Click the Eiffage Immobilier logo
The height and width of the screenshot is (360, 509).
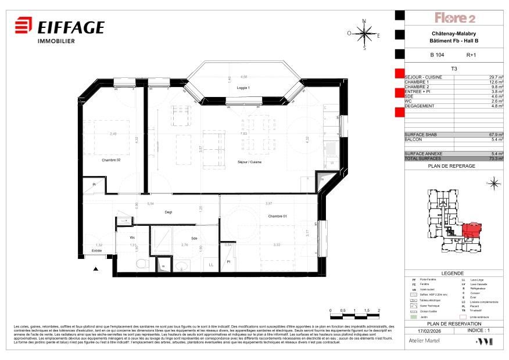[59, 30]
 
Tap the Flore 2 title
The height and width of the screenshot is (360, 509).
[455, 18]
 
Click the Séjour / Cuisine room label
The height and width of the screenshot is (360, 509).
[249, 162]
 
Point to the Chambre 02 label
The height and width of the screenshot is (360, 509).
[111, 160]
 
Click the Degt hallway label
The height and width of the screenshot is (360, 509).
[168, 212]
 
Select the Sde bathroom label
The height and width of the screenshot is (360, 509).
[194, 238]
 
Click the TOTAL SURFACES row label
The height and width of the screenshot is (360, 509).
[423, 158]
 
